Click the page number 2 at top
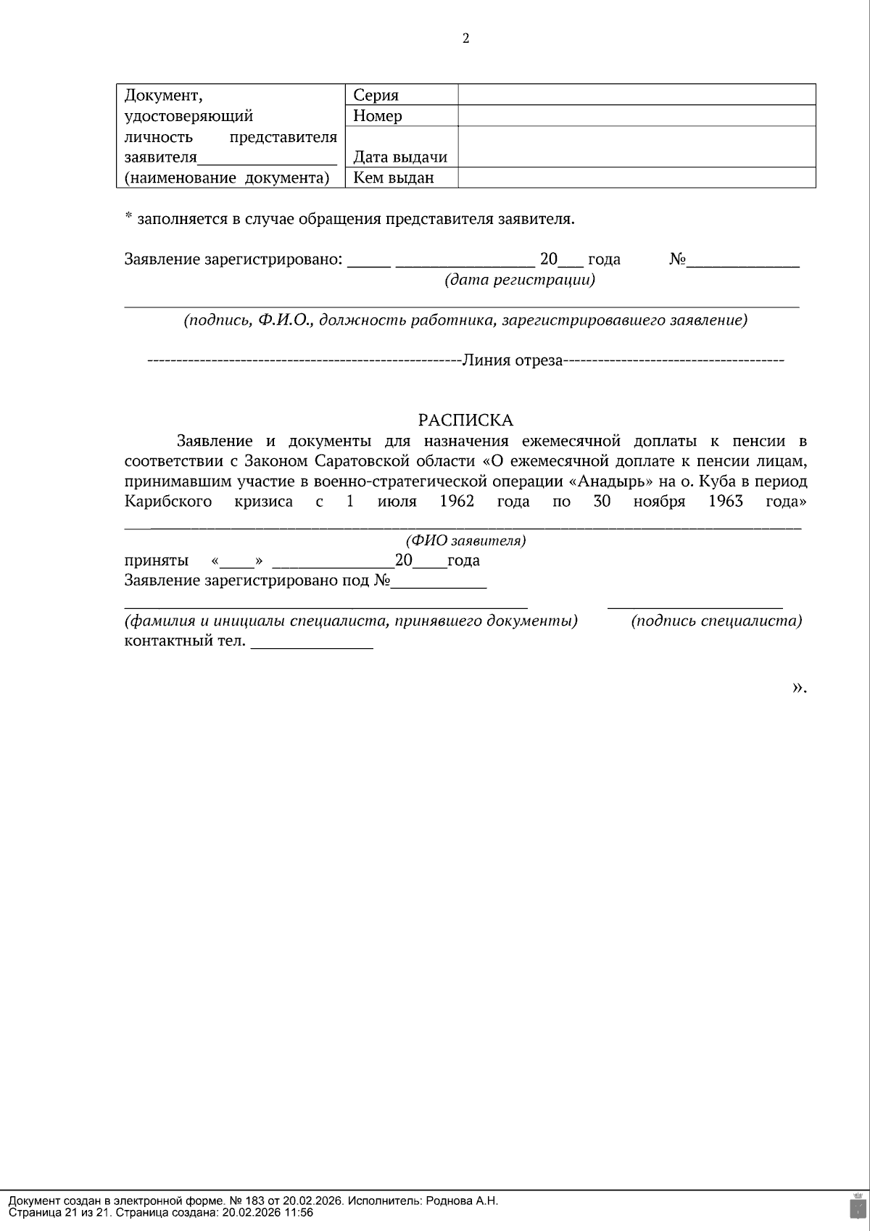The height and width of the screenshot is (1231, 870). pyautogui.click(x=465, y=39)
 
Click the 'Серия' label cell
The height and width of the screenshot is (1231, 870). pyautogui.click(x=376, y=95)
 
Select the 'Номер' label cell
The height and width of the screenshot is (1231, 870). pyautogui.click(x=377, y=116)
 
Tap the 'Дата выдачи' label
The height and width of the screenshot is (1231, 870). pyautogui.click(x=400, y=157)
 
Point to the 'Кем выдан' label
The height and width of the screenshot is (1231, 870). pyautogui.click(x=394, y=178)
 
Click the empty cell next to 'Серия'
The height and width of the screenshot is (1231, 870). pyautogui.click(x=637, y=95)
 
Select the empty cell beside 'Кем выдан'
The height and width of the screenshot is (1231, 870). pyautogui.click(x=637, y=178)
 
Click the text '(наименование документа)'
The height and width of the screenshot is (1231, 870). pyautogui.click(x=227, y=178)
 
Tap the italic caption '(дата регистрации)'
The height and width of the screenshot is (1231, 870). pyautogui.click(x=520, y=280)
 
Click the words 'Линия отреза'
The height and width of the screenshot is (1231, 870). pyautogui.click(x=513, y=360)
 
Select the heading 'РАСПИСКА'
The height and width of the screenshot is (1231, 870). pyautogui.click(x=465, y=420)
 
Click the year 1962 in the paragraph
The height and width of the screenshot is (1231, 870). pyautogui.click(x=457, y=502)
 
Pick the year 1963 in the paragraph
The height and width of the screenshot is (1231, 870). pyautogui.click(x=726, y=502)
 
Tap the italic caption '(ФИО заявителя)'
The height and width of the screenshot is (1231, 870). pyautogui.click(x=465, y=541)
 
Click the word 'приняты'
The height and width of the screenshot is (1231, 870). pyautogui.click(x=157, y=560)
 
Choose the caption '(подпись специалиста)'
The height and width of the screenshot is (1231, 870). pyautogui.click(x=716, y=621)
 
